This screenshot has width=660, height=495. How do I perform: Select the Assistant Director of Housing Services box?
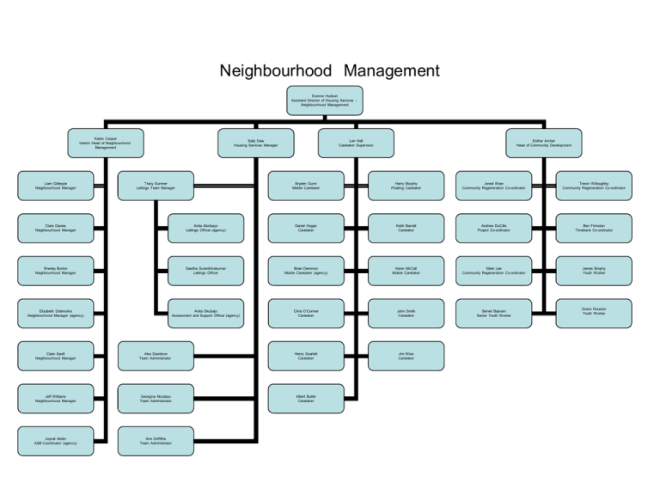[325, 101]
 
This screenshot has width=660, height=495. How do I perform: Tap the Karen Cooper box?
[106, 144]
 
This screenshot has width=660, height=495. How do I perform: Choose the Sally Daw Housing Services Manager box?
[256, 144]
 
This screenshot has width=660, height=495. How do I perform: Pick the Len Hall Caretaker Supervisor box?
[356, 144]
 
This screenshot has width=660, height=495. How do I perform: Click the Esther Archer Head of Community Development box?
[544, 144]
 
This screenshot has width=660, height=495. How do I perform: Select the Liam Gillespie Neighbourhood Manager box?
[56, 185]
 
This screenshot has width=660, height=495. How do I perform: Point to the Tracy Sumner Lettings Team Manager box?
[156, 185]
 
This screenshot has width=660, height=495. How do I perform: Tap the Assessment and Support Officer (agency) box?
[206, 313]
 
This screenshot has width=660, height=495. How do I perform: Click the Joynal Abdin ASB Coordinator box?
[56, 441]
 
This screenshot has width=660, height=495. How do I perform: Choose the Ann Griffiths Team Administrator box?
[156, 441]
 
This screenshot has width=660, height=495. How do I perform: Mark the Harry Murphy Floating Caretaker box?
[406, 185]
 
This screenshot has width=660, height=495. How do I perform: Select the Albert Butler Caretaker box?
[306, 398]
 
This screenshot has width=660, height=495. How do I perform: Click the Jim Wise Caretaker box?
[406, 356]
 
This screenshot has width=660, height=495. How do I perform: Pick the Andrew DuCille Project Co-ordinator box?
[493, 228]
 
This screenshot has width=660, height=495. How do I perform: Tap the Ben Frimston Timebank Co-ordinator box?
[594, 228]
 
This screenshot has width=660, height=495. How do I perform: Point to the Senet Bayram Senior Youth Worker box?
[493, 313]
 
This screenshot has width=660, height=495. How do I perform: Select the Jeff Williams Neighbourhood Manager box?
[56, 398]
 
